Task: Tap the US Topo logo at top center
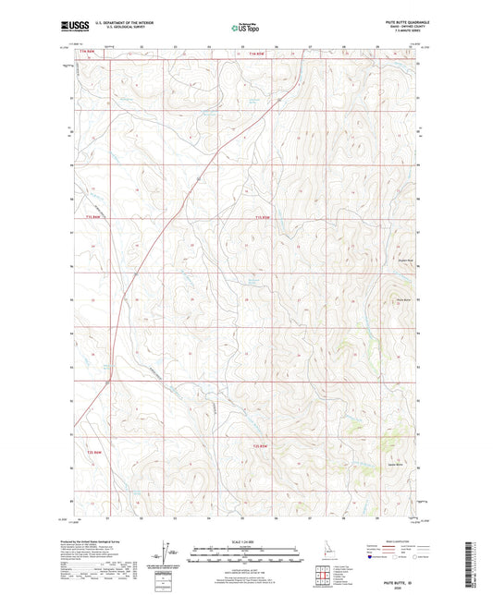pos(245,29)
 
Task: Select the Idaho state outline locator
pos(326,551)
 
